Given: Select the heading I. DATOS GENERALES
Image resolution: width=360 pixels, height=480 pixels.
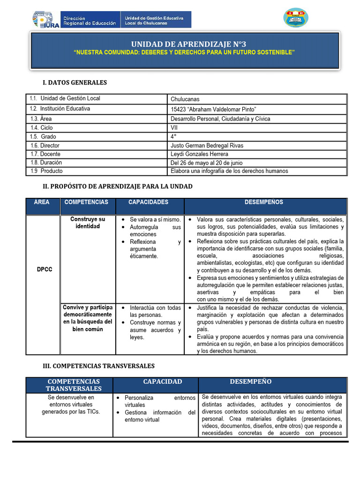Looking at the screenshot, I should (x=75, y=82).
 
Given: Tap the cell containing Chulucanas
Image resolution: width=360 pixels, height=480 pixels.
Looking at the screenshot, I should (x=185, y=99).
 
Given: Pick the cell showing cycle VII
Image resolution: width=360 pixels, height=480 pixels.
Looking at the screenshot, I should (x=174, y=127).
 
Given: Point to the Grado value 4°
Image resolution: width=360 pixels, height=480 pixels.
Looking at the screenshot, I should (x=173, y=136).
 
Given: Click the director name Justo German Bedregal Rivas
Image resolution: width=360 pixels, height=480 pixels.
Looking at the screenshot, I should (x=207, y=145).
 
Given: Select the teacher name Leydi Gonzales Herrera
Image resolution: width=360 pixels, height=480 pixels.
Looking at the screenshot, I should (x=200, y=154).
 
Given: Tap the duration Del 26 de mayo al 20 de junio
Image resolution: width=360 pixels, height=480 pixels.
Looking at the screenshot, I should (x=206, y=163).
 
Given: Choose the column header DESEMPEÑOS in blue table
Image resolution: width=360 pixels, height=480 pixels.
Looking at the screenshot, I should (x=263, y=202).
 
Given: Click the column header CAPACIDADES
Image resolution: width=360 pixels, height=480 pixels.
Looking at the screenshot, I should (x=148, y=202).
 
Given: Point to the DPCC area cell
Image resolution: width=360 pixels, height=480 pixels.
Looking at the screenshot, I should (x=45, y=270).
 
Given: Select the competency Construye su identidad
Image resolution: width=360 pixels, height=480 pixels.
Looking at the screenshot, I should (x=88, y=223).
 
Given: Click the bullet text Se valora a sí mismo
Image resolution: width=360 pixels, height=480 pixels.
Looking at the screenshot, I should (x=155, y=219).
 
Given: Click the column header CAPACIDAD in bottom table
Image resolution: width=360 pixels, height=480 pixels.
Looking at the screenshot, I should (x=162, y=382).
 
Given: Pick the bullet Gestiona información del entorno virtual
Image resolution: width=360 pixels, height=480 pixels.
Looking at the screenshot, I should (x=159, y=416).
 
